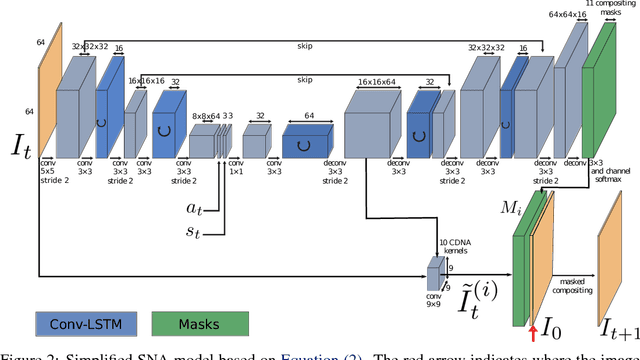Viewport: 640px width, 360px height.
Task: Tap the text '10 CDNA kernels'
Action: coord(456,245)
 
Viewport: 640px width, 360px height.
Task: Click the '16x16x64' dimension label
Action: coord(376,84)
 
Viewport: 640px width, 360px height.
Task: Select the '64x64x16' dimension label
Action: coord(569,15)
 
